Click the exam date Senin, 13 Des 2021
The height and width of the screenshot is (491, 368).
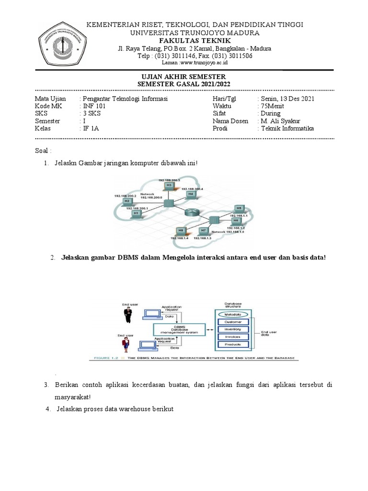(x=287, y=98)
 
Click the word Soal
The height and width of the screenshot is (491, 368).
(x=43, y=151)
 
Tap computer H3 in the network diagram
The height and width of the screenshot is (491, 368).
(x=169, y=185)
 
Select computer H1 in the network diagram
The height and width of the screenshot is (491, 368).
(x=136, y=213)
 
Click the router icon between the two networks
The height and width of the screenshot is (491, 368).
(x=192, y=213)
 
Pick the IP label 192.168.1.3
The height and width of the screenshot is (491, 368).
(x=203, y=238)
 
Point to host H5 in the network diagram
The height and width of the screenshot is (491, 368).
(x=239, y=208)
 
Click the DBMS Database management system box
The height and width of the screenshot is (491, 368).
(x=178, y=329)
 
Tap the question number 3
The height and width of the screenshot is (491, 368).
(x=46, y=385)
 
